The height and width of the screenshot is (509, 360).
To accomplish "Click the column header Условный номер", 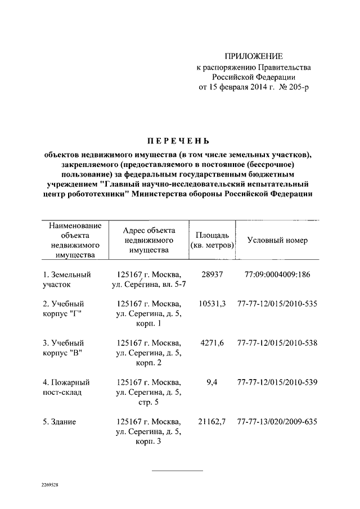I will (x=277, y=240).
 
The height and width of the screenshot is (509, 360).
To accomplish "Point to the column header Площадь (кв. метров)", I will (x=212, y=240).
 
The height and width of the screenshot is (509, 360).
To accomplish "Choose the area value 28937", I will (x=212, y=274).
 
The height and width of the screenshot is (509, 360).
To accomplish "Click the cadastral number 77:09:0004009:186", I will (x=277, y=274).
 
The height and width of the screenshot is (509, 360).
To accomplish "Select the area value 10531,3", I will (x=212, y=304).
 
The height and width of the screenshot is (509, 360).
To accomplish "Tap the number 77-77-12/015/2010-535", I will (x=277, y=304).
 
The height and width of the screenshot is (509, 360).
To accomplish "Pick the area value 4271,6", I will (x=212, y=343).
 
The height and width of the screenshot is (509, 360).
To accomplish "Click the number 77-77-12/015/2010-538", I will (x=277, y=343).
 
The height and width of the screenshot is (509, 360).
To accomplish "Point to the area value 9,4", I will (x=212, y=382).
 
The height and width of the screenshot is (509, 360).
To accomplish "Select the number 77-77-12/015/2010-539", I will (x=277, y=382).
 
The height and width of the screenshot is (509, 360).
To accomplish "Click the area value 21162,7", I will (x=212, y=421).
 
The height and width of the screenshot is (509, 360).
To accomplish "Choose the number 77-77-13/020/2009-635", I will (x=277, y=421).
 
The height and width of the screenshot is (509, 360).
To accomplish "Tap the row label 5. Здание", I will (x=59, y=421).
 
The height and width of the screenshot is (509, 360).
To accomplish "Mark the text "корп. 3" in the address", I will (x=148, y=442).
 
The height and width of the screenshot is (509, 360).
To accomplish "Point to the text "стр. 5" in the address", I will (x=148, y=403).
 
